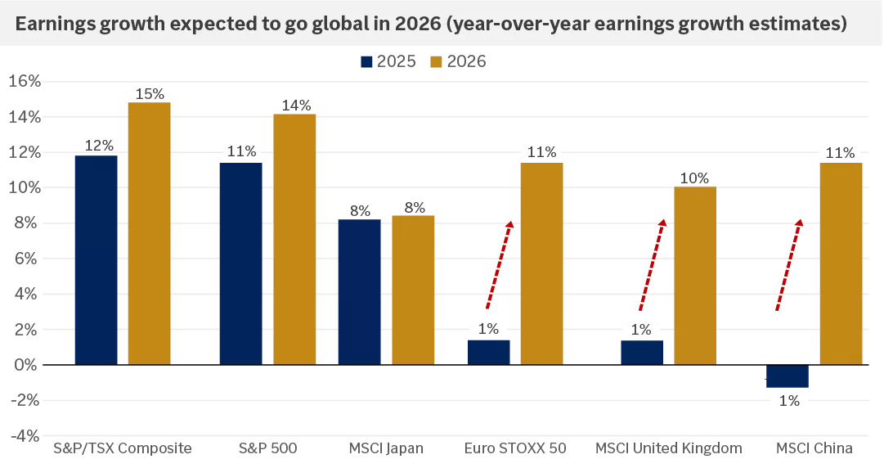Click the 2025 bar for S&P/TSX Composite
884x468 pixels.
[96, 259]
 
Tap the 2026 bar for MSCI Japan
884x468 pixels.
[413, 290]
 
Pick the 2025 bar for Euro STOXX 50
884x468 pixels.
[488, 352]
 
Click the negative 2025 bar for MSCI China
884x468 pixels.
[788, 376]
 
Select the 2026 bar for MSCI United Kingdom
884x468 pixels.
[694, 276]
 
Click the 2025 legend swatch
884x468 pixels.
[366, 61]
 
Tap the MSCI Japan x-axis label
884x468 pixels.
[385, 448]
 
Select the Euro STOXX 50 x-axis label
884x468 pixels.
[515, 448]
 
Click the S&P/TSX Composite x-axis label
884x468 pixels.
[123, 448]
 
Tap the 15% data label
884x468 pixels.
[150, 93]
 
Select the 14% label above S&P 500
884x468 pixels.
[295, 105]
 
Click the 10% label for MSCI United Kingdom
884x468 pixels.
[694, 178]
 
